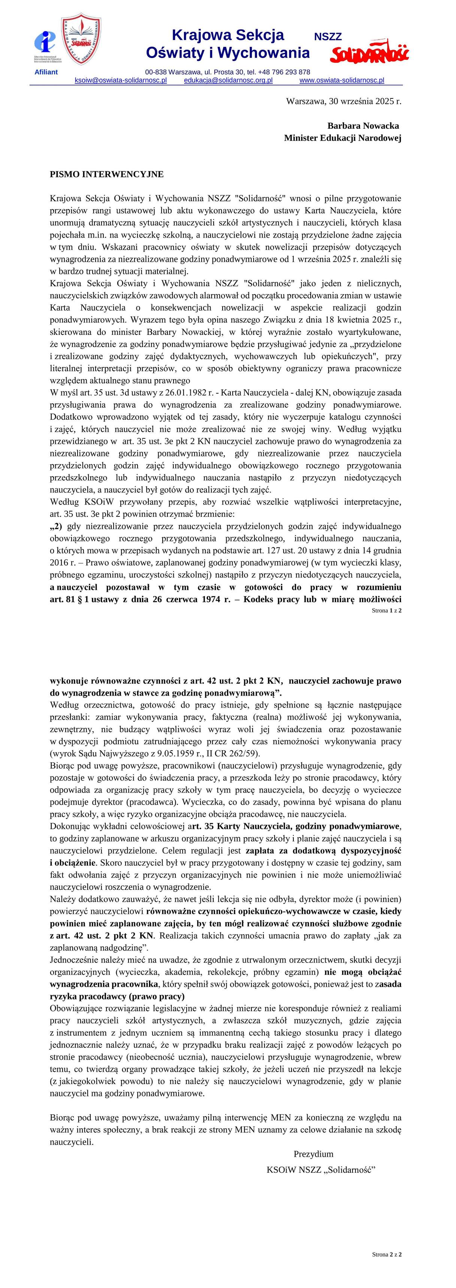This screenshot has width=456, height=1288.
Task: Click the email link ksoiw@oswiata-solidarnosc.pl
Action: (121, 80)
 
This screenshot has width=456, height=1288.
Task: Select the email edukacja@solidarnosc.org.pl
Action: (228, 80)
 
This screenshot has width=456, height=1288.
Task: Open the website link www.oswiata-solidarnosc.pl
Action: (342, 80)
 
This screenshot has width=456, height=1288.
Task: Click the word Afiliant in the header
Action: (46, 72)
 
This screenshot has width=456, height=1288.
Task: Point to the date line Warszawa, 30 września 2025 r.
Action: (343, 101)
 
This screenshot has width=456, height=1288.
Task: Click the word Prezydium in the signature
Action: (313, 1154)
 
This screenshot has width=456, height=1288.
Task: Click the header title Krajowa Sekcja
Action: (228, 35)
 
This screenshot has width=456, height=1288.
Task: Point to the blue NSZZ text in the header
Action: (328, 37)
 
